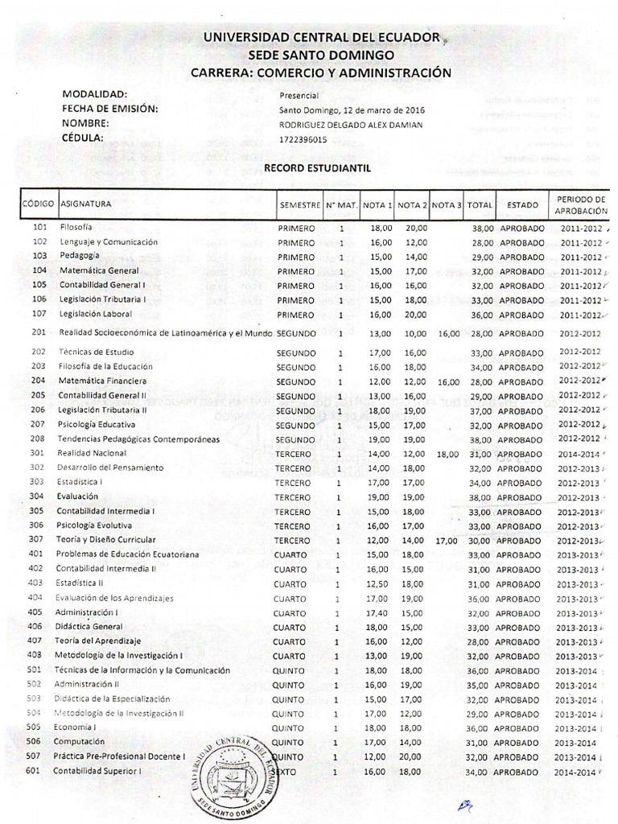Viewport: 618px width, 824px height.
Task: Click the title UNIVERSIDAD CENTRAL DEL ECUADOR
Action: pyautogui.click(x=321, y=38)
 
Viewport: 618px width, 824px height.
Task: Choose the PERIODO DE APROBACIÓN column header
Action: pyautogui.click(x=581, y=204)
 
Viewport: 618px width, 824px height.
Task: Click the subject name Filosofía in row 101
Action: pyautogui.click(x=76, y=228)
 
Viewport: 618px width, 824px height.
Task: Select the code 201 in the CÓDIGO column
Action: pyautogui.click(x=39, y=332)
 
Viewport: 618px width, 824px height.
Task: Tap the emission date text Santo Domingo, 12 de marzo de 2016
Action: pyautogui.click(x=352, y=110)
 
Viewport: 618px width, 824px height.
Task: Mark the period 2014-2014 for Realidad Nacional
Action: pyautogui.click(x=578, y=454)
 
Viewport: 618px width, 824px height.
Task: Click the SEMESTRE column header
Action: pyautogui.click(x=300, y=205)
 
